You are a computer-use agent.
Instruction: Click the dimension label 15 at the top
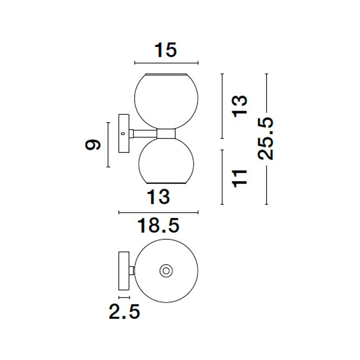point(166,50)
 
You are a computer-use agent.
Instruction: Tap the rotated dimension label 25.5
point(266,139)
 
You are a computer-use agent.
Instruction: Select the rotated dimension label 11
point(240,179)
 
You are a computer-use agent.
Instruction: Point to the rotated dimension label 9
point(93,145)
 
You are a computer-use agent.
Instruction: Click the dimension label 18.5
point(158,226)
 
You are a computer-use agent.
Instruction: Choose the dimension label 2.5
point(124,311)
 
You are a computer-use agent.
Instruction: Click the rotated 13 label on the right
point(240,106)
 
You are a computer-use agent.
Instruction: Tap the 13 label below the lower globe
point(158,197)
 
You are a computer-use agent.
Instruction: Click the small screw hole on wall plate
point(123,134)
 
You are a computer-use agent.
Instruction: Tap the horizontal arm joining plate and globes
point(145,134)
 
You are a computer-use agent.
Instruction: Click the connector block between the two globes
point(166,134)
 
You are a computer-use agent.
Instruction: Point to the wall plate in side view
point(123,134)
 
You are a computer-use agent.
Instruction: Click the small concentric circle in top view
point(166,271)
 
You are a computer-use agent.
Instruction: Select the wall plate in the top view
point(124,271)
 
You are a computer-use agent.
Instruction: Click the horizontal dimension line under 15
point(166,63)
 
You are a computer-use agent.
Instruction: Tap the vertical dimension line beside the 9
point(108,145)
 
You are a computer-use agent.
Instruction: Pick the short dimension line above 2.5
point(124,298)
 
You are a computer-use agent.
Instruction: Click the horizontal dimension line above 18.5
point(158,213)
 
